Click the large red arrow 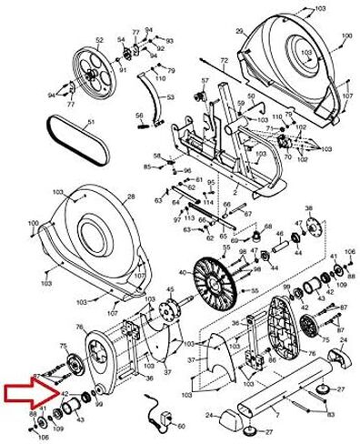point(27,392)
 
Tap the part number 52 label point(99,41)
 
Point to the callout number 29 point(239,32)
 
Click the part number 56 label point(139,116)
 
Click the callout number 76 point(80,328)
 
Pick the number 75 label point(63,346)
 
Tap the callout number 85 point(147,167)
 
